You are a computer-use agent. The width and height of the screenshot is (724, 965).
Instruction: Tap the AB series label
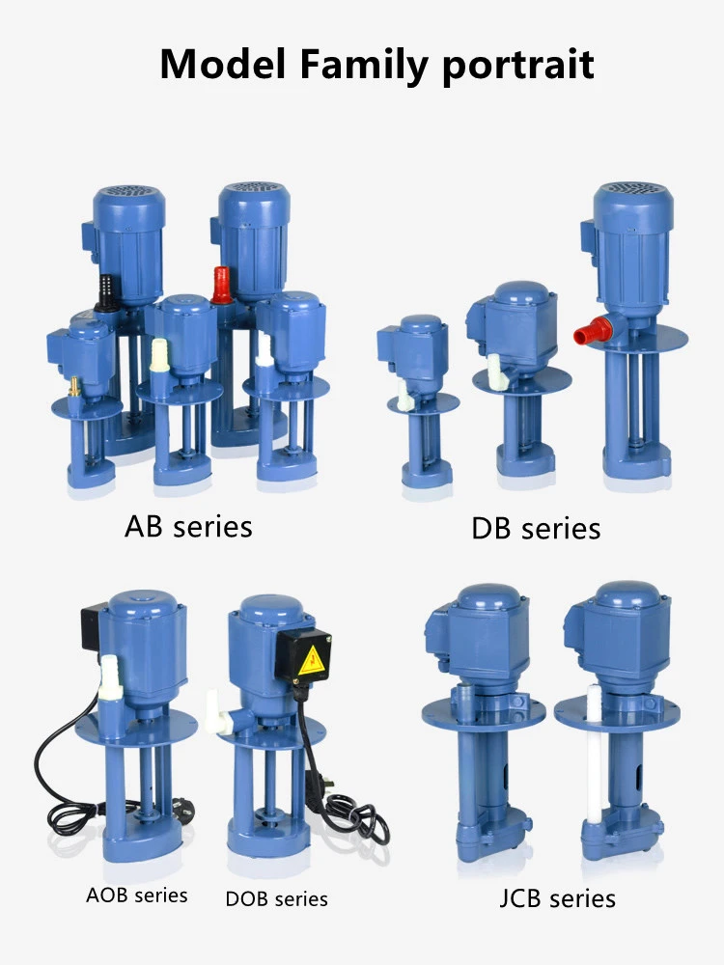[188, 526]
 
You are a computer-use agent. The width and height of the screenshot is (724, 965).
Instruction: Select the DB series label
[536, 528]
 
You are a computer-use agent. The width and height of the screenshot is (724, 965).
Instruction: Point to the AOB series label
[137, 895]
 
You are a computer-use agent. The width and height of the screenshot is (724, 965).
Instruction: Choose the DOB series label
[276, 898]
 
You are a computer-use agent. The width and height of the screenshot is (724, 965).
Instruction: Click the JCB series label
[557, 897]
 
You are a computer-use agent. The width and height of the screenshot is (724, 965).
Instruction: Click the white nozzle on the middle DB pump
[495, 366]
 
